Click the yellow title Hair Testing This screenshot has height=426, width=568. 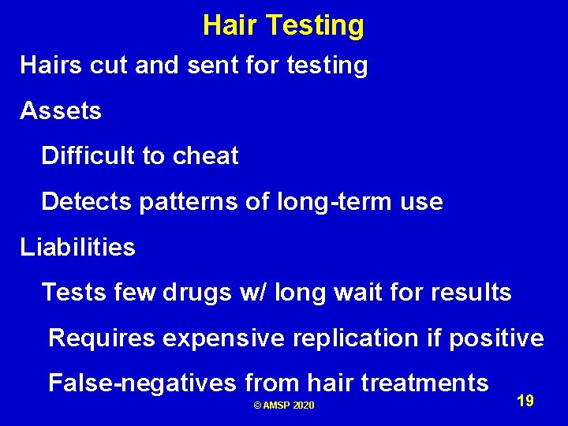pos(283,25)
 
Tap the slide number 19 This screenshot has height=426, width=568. pos(525,402)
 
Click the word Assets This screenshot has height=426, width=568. pos(61,111)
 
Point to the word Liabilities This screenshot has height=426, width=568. pos(77,248)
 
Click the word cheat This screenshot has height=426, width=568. pos(205,156)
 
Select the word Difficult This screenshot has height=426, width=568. pos(88,156)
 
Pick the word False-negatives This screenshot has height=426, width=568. pos(142,383)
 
